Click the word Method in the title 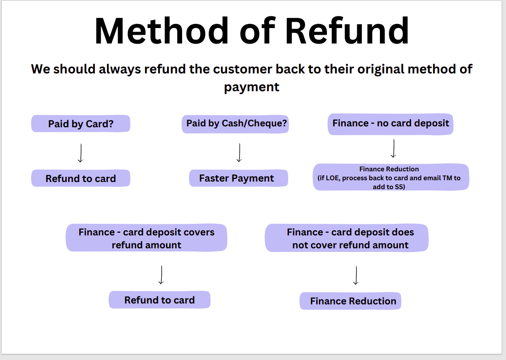(161, 31)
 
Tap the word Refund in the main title (347, 31)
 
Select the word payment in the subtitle (252, 87)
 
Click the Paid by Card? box (81, 124)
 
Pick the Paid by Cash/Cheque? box (235, 124)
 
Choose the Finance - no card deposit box (391, 124)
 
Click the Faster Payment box (238, 178)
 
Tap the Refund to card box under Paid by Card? (81, 178)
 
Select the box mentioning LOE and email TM (391, 177)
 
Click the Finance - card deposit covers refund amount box (147, 238)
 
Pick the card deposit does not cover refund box (347, 238)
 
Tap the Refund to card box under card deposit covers (159, 300)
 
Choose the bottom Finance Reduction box (351, 301)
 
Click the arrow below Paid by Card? (81, 153)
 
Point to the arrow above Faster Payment (239, 153)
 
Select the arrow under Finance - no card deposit (393, 149)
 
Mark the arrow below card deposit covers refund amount (161, 275)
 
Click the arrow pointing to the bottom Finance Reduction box (356, 275)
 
